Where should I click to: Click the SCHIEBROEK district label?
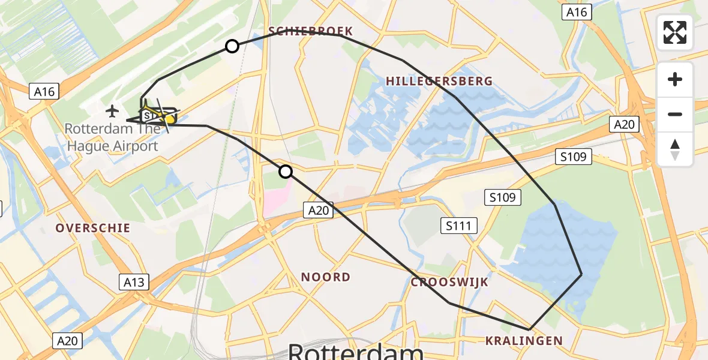pos(310,31)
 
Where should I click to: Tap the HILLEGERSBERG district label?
pos(439,81)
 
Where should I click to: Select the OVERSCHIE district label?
pos(92,228)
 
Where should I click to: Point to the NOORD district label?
pos(326,277)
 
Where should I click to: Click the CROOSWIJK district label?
pos(449,282)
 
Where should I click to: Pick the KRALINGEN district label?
pos(524,341)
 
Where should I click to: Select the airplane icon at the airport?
pos(112,111)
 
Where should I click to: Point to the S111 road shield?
pos(459,226)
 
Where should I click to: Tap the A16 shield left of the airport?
pos(44,92)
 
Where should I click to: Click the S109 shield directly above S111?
pos(502,197)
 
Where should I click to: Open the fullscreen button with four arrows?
pos(675,32)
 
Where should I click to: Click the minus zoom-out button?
pos(675,114)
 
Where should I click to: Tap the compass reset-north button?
pos(675,149)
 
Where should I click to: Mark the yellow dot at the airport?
pos(170,120)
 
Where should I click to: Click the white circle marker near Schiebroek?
pos(232,46)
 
